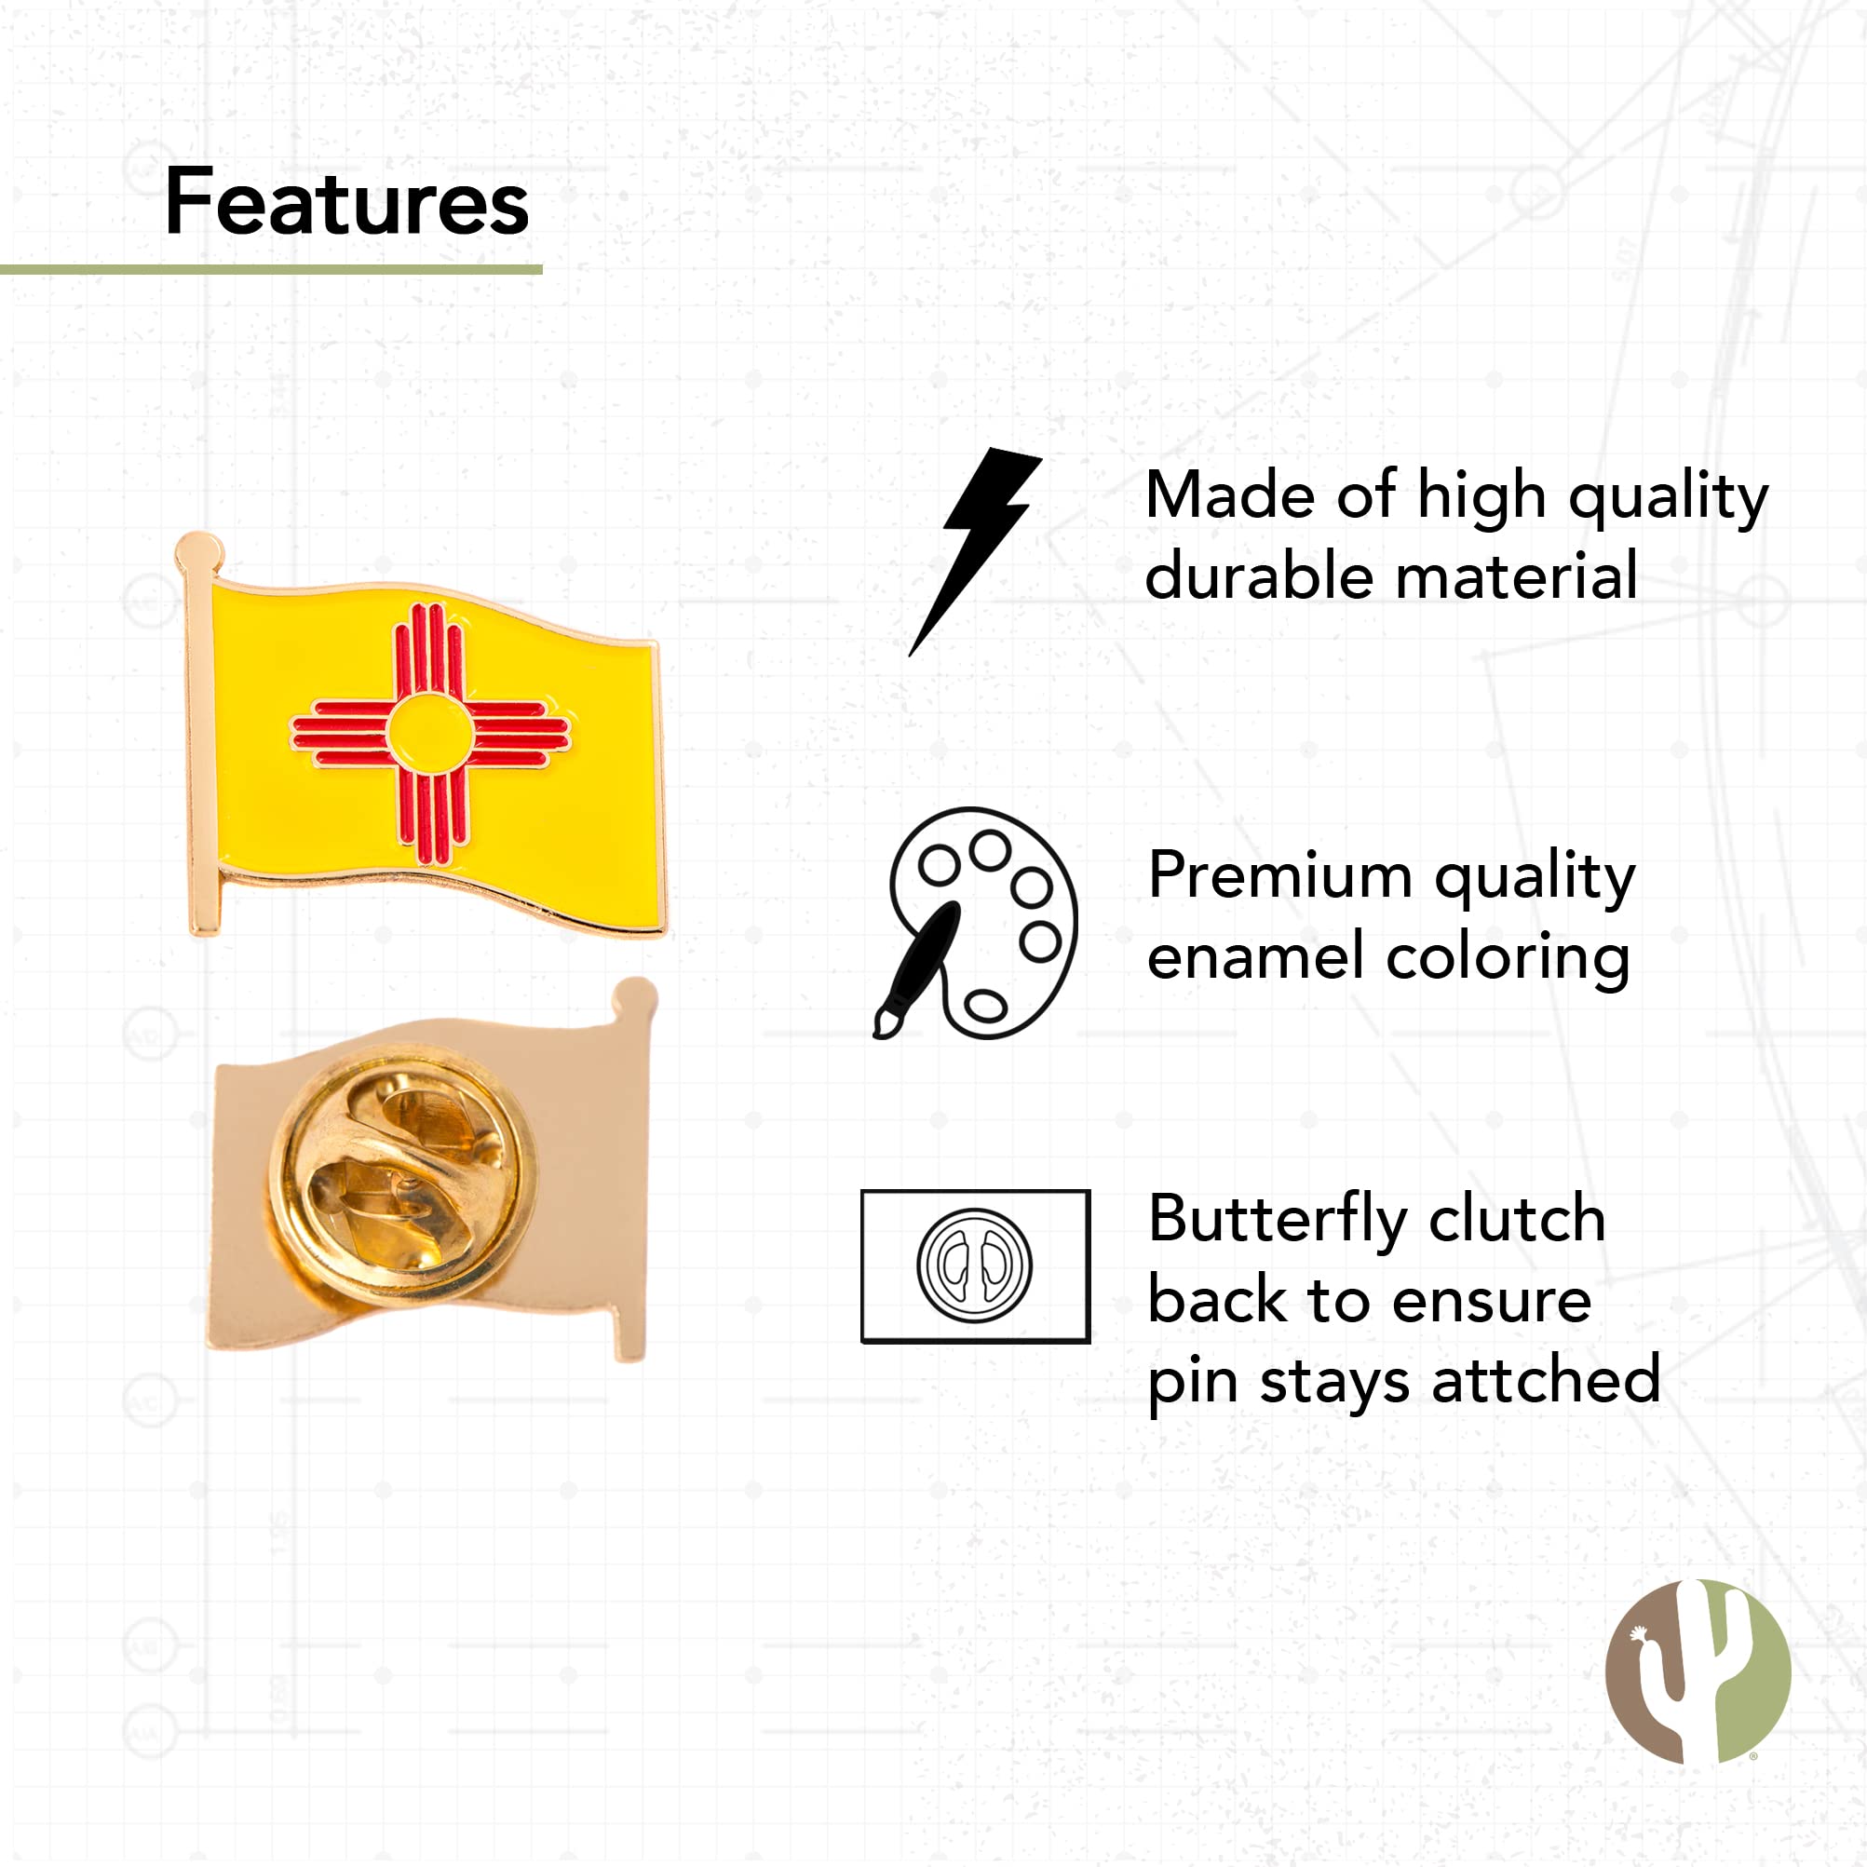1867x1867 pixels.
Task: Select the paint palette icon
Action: pyautogui.click(x=976, y=924)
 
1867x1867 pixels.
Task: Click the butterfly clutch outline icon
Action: pyautogui.click(x=975, y=1265)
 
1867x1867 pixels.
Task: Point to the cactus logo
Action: pyautogui.click(x=1698, y=1671)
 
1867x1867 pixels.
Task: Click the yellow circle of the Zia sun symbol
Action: pyautogui.click(x=430, y=734)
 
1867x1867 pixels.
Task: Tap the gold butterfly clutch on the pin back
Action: pyautogui.click(x=402, y=1175)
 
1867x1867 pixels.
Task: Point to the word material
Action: pyautogui.click(x=1517, y=577)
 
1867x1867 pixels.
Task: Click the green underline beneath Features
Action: pyautogui.click(x=271, y=270)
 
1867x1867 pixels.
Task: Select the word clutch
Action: pyautogui.click(x=1517, y=1219)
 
